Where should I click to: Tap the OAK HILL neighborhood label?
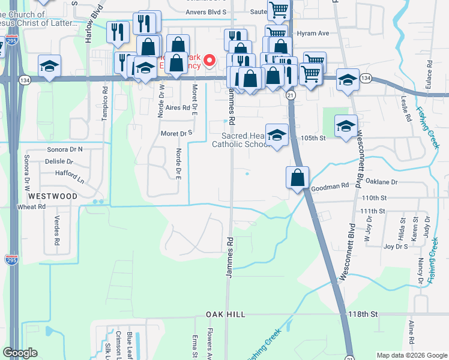pos(226,314)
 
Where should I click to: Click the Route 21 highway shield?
pos(291,95)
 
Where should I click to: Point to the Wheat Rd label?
pos(32,207)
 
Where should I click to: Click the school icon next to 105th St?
pos(346,127)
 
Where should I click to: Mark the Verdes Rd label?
pos(58,230)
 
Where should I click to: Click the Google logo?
pos(20,353)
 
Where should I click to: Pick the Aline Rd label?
pos(412,332)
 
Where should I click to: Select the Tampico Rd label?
pos(104,105)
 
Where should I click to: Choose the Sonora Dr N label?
pos(65,149)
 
